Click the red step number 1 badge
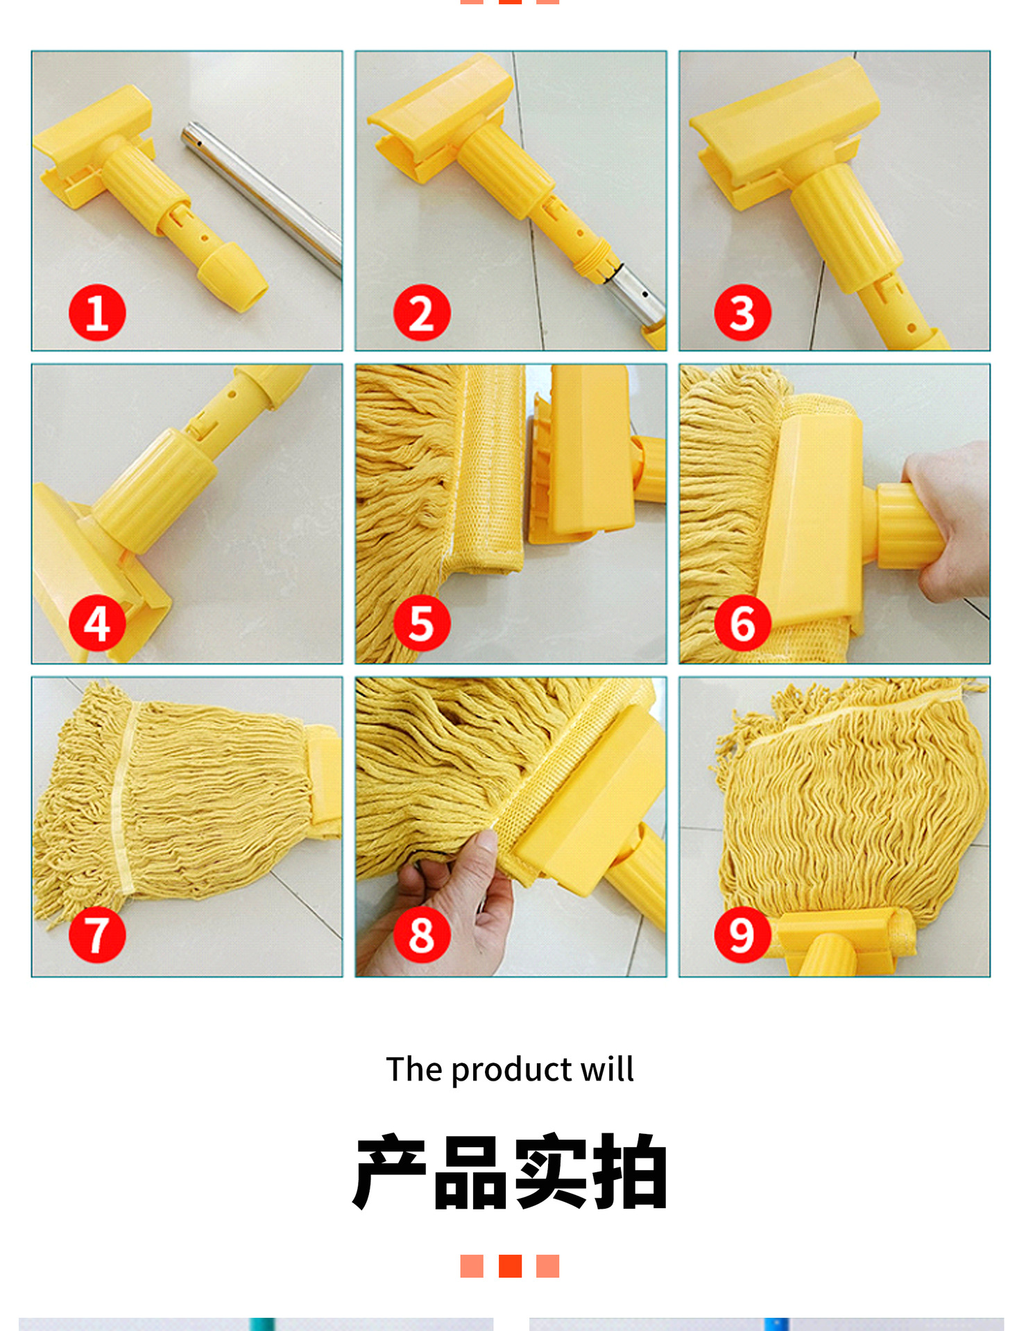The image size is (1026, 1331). coord(97,312)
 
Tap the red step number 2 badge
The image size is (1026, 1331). coord(422,312)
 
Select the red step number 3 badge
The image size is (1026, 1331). coord(743,312)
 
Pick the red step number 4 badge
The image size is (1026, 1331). coord(97,622)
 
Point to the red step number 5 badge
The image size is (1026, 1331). coord(422,622)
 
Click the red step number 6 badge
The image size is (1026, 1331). coord(743,622)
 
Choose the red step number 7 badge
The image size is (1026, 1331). coord(97,934)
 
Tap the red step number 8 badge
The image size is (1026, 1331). coord(422,934)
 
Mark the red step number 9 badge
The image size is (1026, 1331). coord(743,934)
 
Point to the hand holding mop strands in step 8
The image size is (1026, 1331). coord(444,902)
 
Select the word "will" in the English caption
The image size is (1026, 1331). coord(608,1069)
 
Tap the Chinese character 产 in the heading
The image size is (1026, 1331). coord(391,1173)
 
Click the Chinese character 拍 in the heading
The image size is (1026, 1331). coord(629,1173)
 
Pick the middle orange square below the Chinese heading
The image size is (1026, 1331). coord(510,1266)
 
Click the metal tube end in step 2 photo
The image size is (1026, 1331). coord(635,295)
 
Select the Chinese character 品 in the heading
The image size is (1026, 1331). coord(470,1173)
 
